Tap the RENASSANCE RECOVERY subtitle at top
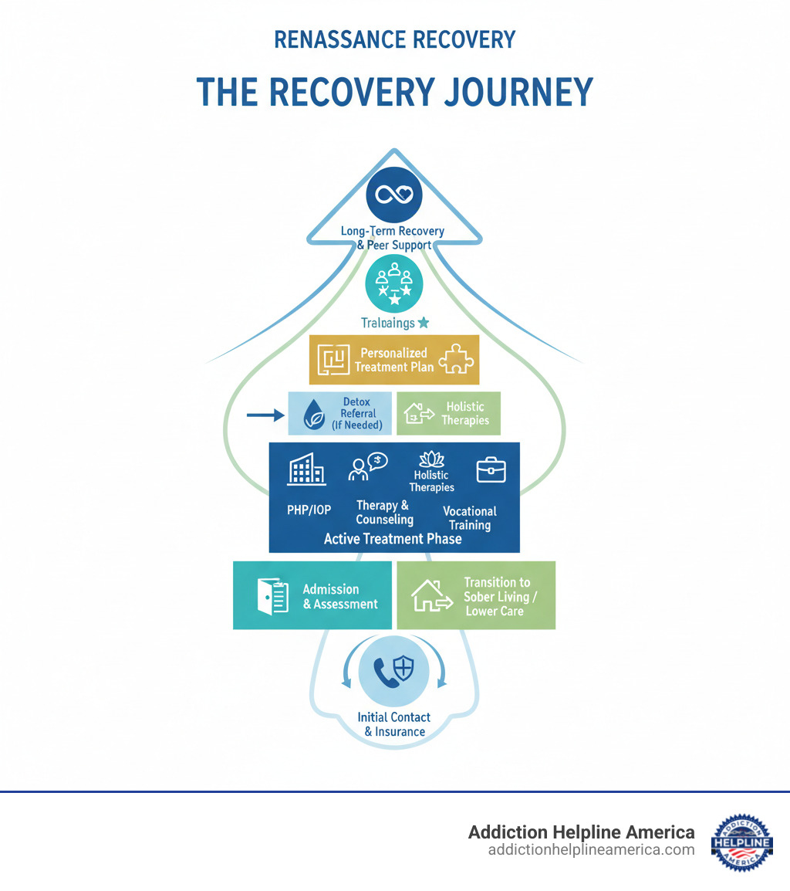[394, 39]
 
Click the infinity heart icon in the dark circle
[394, 195]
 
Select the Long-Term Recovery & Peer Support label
[393, 238]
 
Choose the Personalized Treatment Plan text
[393, 360]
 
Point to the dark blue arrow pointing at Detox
[265, 415]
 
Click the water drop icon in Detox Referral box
[314, 415]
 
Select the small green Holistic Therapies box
[448, 413]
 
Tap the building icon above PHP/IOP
[306, 469]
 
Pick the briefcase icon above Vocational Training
[491, 469]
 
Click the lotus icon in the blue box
[431, 460]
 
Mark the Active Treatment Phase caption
[393, 539]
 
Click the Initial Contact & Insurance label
[394, 724]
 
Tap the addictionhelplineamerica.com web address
[591, 850]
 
